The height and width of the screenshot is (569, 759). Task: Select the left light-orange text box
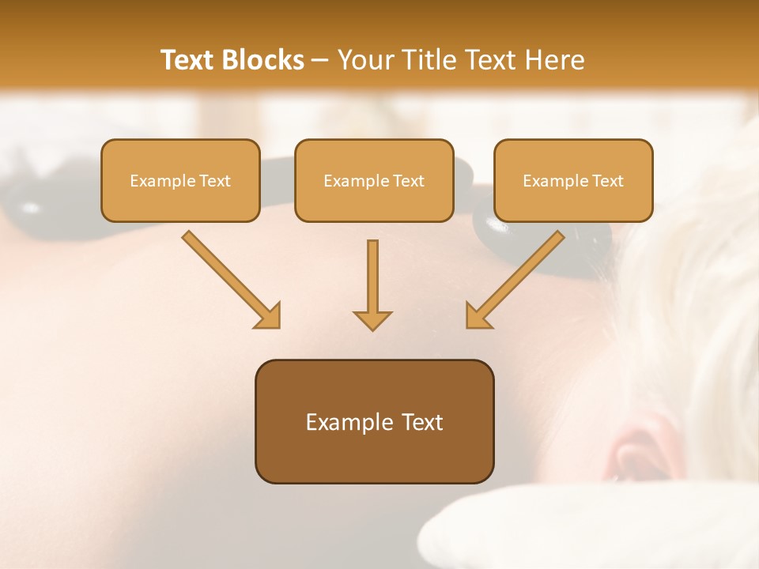click(x=180, y=180)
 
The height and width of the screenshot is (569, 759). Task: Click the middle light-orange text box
click(x=374, y=180)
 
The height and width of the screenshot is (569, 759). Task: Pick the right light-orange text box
click(x=573, y=180)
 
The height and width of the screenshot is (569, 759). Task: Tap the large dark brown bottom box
click(x=374, y=421)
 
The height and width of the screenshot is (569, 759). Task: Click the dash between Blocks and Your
click(x=320, y=61)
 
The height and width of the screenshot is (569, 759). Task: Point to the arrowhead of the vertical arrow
click(x=372, y=319)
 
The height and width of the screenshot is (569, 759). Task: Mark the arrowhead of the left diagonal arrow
click(x=268, y=316)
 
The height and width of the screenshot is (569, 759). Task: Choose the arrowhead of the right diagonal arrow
click(x=478, y=316)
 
